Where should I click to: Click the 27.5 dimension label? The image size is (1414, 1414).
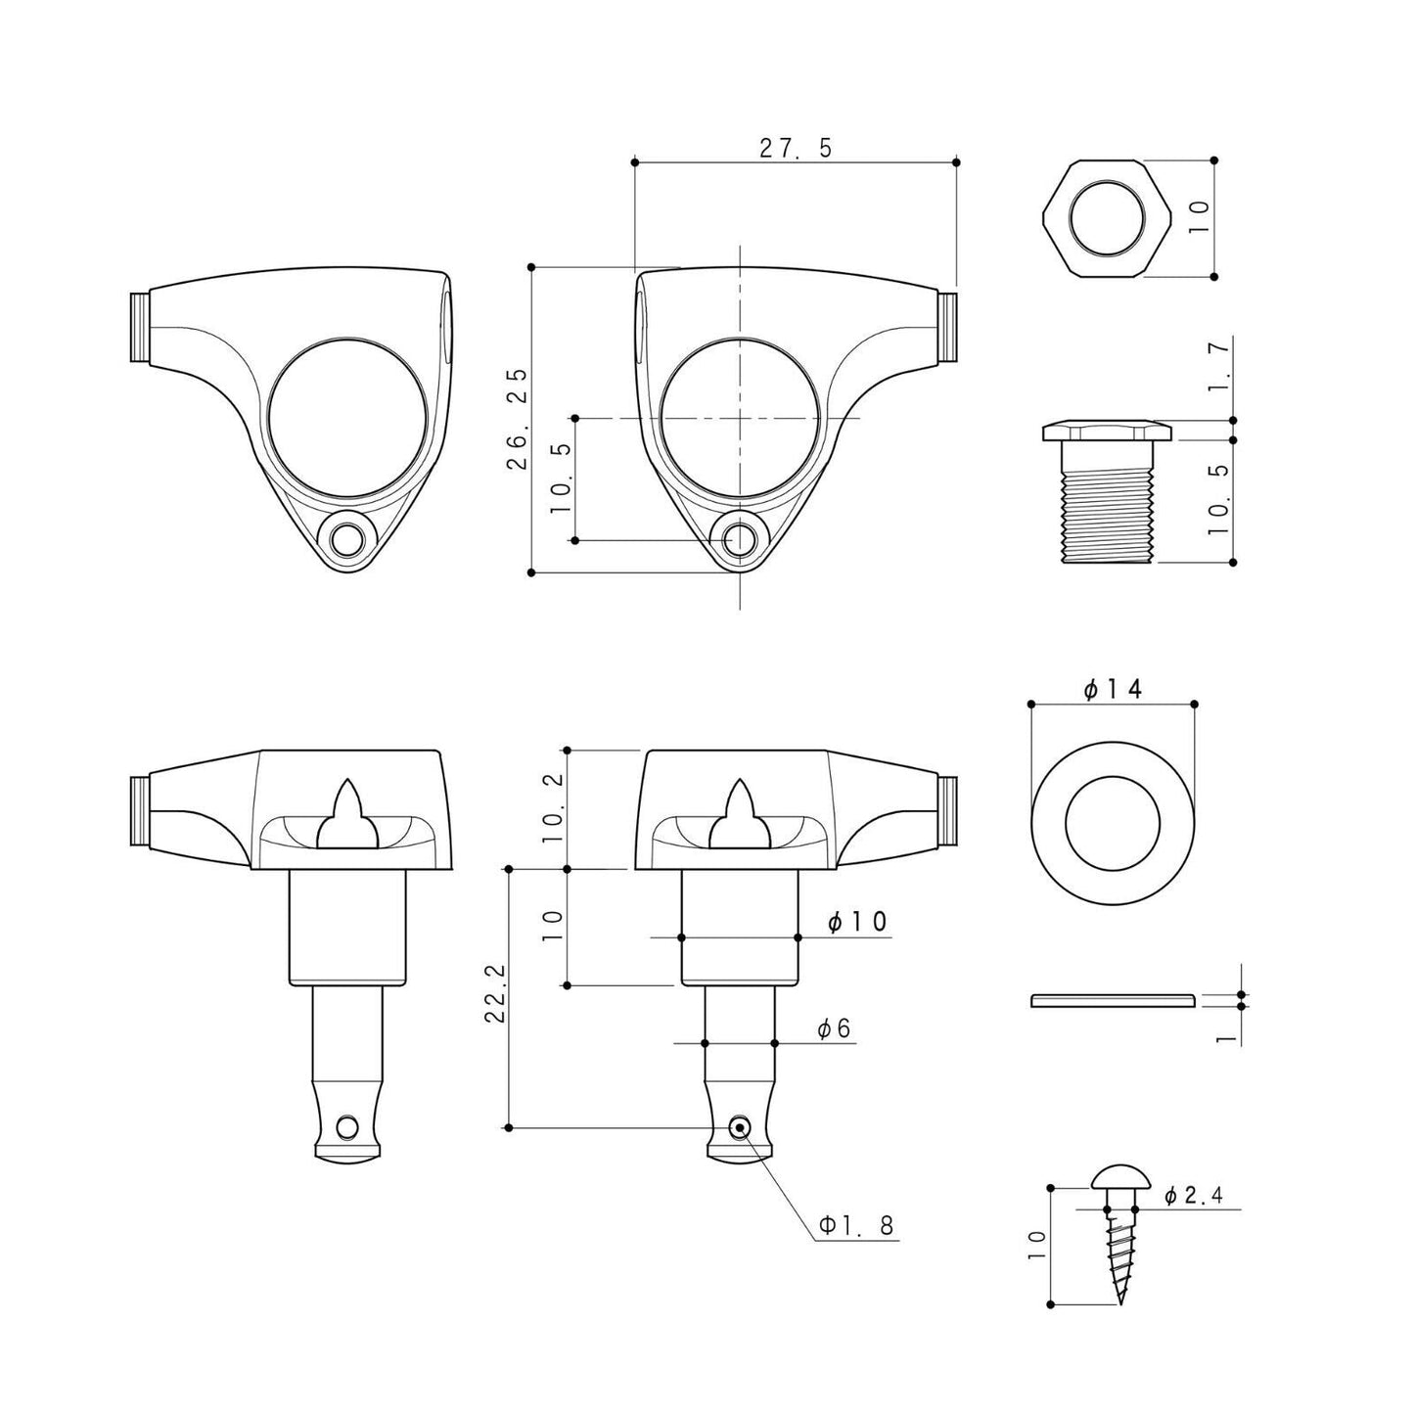(797, 148)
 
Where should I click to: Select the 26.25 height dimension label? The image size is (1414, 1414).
(518, 418)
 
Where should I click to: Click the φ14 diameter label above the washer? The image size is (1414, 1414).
(1113, 689)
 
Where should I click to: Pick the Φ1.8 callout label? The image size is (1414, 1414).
(856, 1225)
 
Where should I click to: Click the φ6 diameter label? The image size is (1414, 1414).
(835, 1029)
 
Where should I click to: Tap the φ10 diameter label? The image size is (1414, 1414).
(858, 922)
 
